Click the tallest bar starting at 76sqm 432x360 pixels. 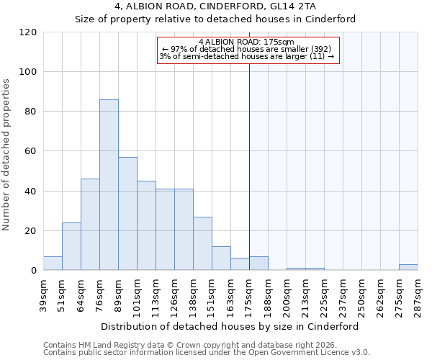[x=109, y=185]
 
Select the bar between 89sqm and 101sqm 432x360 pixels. [x=127, y=214]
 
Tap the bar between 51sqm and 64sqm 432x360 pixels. [x=71, y=247]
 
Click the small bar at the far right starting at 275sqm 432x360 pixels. [x=408, y=267]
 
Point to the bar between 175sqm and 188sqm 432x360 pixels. [x=258, y=264]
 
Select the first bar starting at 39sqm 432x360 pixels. [x=53, y=264]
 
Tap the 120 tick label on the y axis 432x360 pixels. [x=28, y=32]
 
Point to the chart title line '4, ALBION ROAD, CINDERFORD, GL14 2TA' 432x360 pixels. [x=215, y=6]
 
